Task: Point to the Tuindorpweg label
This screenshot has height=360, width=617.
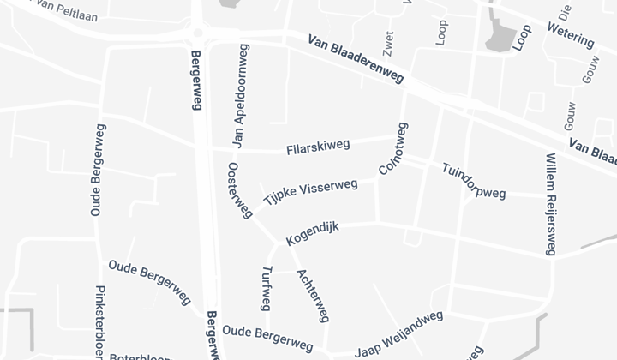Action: [474, 181]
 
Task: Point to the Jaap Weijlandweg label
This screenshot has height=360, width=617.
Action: [399, 334]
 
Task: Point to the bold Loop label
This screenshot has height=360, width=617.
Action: [522, 38]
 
